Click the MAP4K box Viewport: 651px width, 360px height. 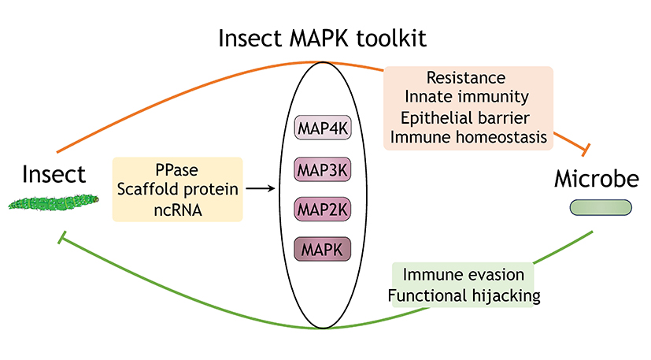323,128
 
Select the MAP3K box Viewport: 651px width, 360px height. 323,169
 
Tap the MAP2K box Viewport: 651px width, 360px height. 323,209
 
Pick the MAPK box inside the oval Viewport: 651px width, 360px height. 323,249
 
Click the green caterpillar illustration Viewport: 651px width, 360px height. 54,203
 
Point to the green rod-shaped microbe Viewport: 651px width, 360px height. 601,207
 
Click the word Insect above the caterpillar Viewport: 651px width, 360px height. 54,174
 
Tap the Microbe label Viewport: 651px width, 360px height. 597,179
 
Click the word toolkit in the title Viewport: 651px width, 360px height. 391,39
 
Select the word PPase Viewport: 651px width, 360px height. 177,169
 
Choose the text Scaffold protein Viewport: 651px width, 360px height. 178,189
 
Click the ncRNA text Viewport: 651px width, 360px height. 178,210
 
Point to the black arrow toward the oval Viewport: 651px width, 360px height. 261,188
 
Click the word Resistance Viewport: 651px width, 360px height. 466,78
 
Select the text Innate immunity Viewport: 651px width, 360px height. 467,97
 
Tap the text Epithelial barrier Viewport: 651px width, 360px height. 465,117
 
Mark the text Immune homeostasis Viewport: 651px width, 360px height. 468,137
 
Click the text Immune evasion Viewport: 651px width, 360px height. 464,275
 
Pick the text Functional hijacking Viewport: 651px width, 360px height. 464,296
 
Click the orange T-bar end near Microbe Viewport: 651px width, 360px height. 586,149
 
